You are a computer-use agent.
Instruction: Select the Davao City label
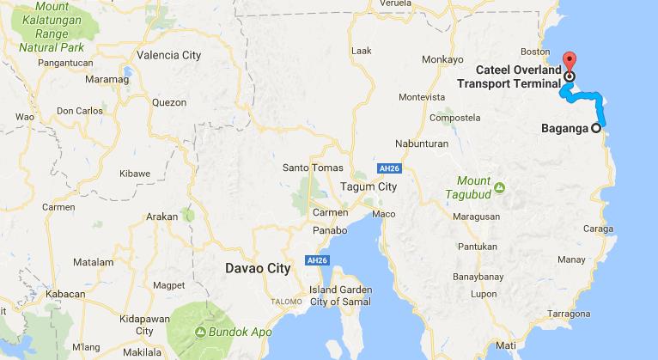tap(257, 267)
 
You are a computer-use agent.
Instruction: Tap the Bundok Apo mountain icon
tap(199, 331)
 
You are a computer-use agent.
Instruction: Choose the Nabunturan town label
tap(423, 143)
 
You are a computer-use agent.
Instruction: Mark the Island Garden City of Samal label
tap(332, 295)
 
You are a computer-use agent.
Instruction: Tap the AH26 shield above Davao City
tap(317, 259)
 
